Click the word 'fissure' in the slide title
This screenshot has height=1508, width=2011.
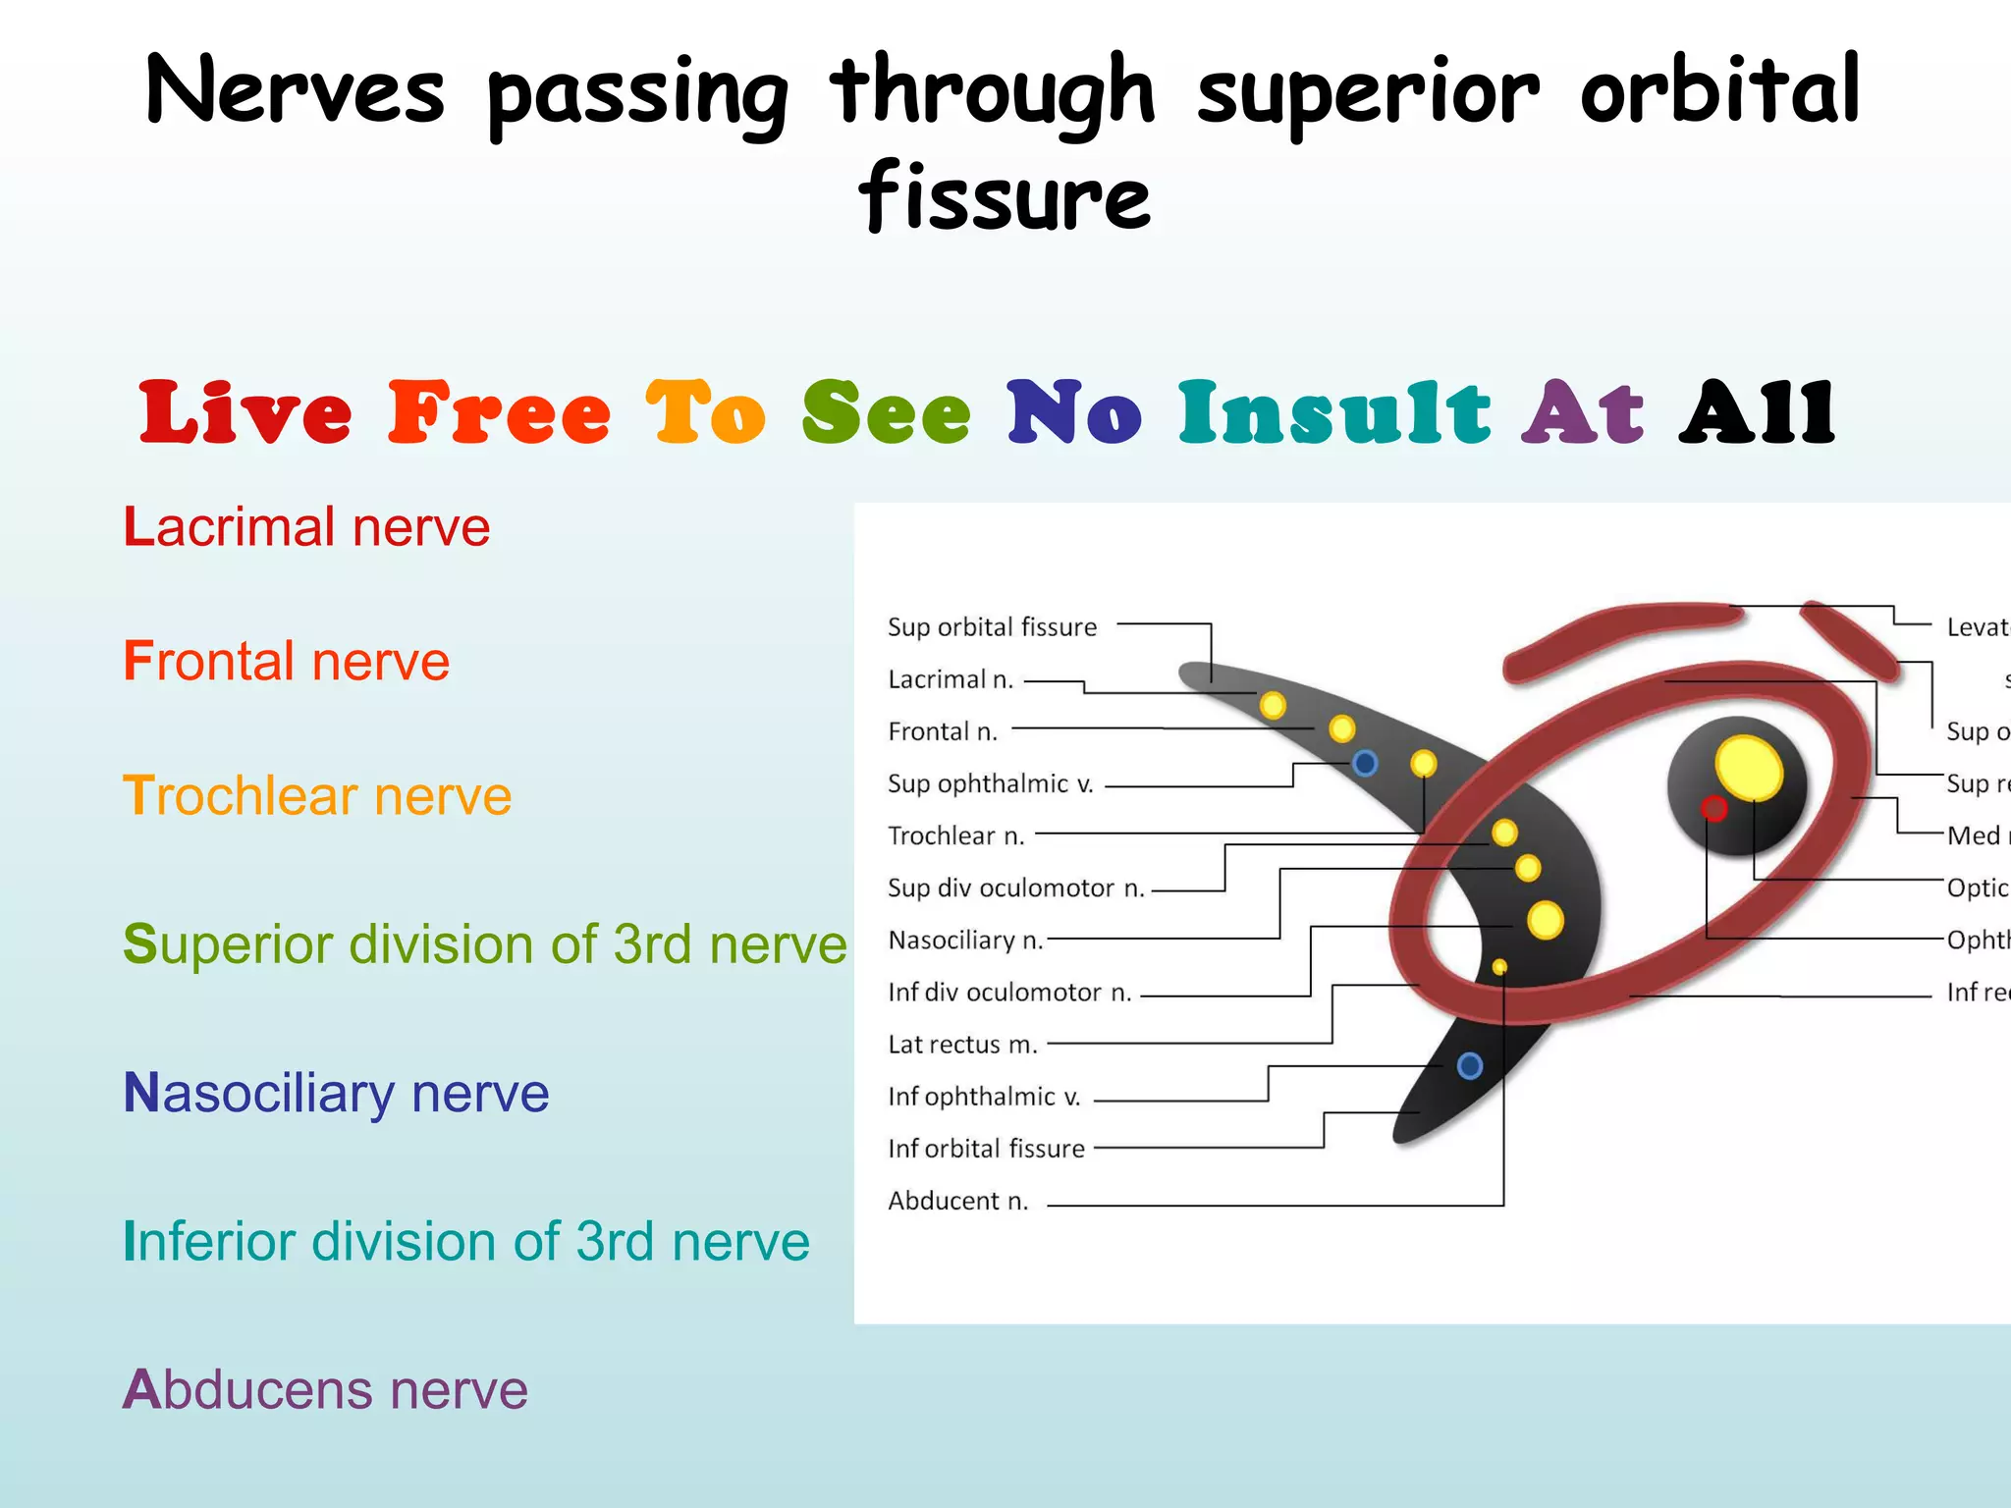pos(1005,196)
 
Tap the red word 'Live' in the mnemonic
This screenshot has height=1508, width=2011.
pos(245,412)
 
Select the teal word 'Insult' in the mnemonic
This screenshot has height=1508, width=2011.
pos(1334,412)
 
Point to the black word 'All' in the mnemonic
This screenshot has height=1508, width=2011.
pos(1757,412)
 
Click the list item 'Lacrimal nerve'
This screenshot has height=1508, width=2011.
pos(306,527)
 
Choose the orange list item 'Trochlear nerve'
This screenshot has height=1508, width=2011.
pos(317,795)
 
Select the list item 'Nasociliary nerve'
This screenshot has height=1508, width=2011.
pos(336,1093)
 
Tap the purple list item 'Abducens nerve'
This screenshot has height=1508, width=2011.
pos(325,1390)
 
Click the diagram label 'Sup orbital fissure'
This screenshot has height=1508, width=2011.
pos(992,627)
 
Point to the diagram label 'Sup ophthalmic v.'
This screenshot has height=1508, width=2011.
pos(990,783)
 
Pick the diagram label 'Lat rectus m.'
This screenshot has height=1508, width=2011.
pos(962,1045)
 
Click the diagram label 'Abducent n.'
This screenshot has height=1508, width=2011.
pos(957,1201)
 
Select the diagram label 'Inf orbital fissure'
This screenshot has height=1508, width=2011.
pos(986,1149)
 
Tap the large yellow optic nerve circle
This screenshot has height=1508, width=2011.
pos(1749,768)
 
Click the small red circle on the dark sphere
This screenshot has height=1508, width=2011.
pos(1714,809)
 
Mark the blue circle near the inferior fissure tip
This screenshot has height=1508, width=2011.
pos(1470,1065)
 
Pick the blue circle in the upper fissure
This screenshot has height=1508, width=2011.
pos(1365,763)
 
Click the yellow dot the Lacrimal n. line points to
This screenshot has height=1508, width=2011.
pos(1273,705)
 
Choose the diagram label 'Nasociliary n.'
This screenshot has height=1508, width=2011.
pos(965,941)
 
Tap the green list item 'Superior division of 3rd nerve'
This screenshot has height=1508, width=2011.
pos(485,944)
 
